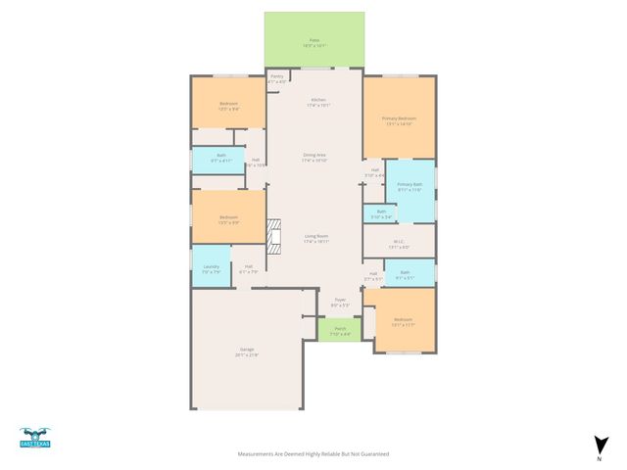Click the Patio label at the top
[314, 42]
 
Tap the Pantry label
[277, 79]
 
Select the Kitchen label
[318, 102]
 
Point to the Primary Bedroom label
[399, 120]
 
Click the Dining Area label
[314, 157]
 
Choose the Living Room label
[315, 238]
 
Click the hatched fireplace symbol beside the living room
[273, 236]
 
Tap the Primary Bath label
[410, 186]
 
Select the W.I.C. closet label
[399, 244]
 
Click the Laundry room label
[211, 268]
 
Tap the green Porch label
[340, 331]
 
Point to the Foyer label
[340, 303]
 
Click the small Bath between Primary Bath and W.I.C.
[381, 213]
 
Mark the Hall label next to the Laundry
[249, 268]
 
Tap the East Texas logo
[34, 438]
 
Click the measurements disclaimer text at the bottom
[313, 454]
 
